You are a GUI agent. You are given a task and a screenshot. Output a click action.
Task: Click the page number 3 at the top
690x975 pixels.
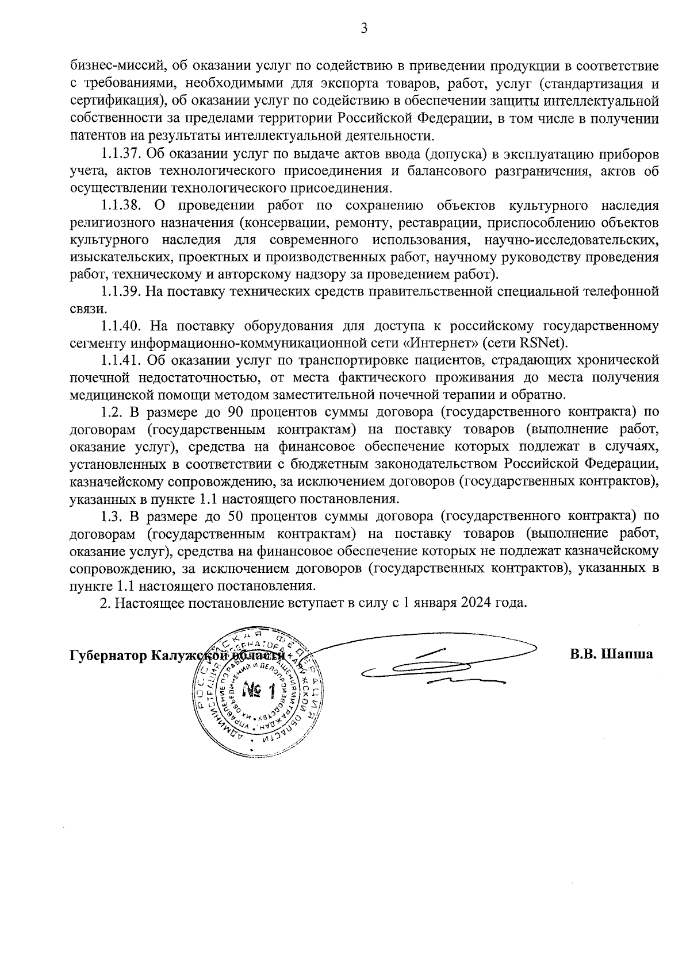point(363,28)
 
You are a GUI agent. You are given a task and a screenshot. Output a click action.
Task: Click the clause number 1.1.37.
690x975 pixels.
point(121,155)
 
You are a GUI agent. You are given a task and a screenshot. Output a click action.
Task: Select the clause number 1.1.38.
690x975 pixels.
point(121,205)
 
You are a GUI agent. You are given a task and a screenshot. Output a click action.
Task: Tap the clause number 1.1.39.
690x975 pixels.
point(121,291)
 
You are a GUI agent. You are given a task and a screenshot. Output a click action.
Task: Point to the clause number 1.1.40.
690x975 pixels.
point(121,326)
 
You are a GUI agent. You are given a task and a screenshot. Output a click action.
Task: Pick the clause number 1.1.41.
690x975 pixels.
point(121,360)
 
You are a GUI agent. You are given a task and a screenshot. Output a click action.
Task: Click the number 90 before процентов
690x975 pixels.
point(237,412)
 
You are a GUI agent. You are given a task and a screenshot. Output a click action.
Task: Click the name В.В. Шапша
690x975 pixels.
point(611,654)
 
